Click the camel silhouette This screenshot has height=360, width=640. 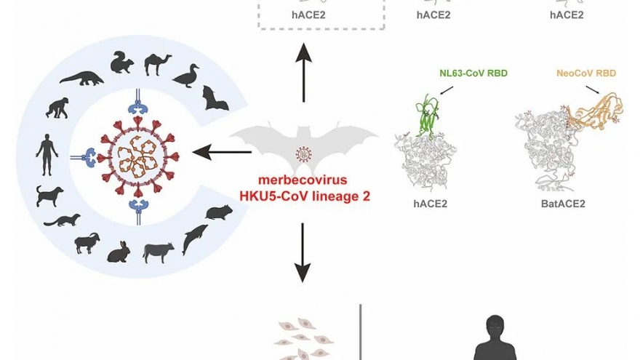coord(159,65)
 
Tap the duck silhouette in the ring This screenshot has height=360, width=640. coord(187,75)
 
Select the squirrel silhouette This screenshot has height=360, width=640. coord(121,63)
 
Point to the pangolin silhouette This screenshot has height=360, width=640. coord(81,79)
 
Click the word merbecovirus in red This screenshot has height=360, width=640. coord(304,180)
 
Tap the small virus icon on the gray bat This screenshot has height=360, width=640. coord(304,154)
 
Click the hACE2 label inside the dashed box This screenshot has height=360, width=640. coord(321,14)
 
